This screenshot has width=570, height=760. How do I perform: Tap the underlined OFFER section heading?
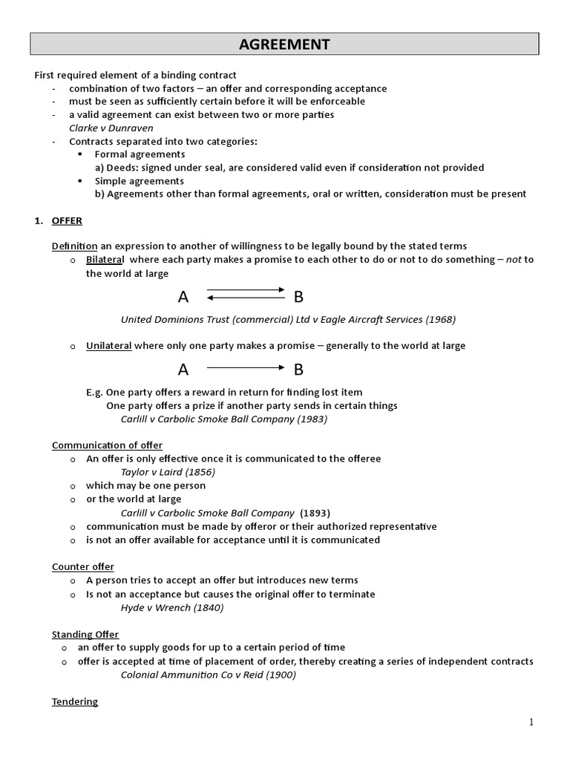[67, 221]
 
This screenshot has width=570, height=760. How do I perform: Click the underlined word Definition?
[74, 246]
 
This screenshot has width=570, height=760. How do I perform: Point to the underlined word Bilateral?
[107, 260]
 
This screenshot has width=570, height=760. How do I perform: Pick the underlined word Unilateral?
[109, 346]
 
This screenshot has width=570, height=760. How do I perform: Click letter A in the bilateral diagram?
[183, 298]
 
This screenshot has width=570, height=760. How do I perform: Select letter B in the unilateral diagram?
[298, 369]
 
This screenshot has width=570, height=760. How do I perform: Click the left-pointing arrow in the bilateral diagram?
[245, 298]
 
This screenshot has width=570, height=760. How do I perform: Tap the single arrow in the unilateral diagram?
[245, 367]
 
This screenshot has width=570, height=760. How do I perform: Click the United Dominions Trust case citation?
[288, 320]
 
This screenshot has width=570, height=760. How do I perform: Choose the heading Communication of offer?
[107, 445]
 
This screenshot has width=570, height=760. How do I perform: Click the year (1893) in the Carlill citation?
[315, 513]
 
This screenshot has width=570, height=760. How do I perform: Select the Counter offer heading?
[82, 567]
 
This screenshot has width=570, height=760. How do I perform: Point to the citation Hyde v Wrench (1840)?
[172, 607]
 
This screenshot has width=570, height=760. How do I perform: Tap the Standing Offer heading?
[85, 635]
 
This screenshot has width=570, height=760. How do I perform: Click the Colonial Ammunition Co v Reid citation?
[209, 675]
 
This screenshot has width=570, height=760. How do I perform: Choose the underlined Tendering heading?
[75, 701]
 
